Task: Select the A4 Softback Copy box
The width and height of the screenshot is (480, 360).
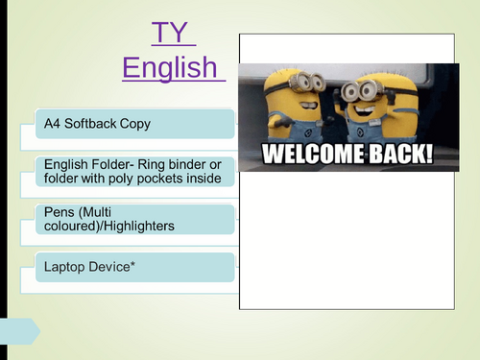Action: click(x=134, y=124)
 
